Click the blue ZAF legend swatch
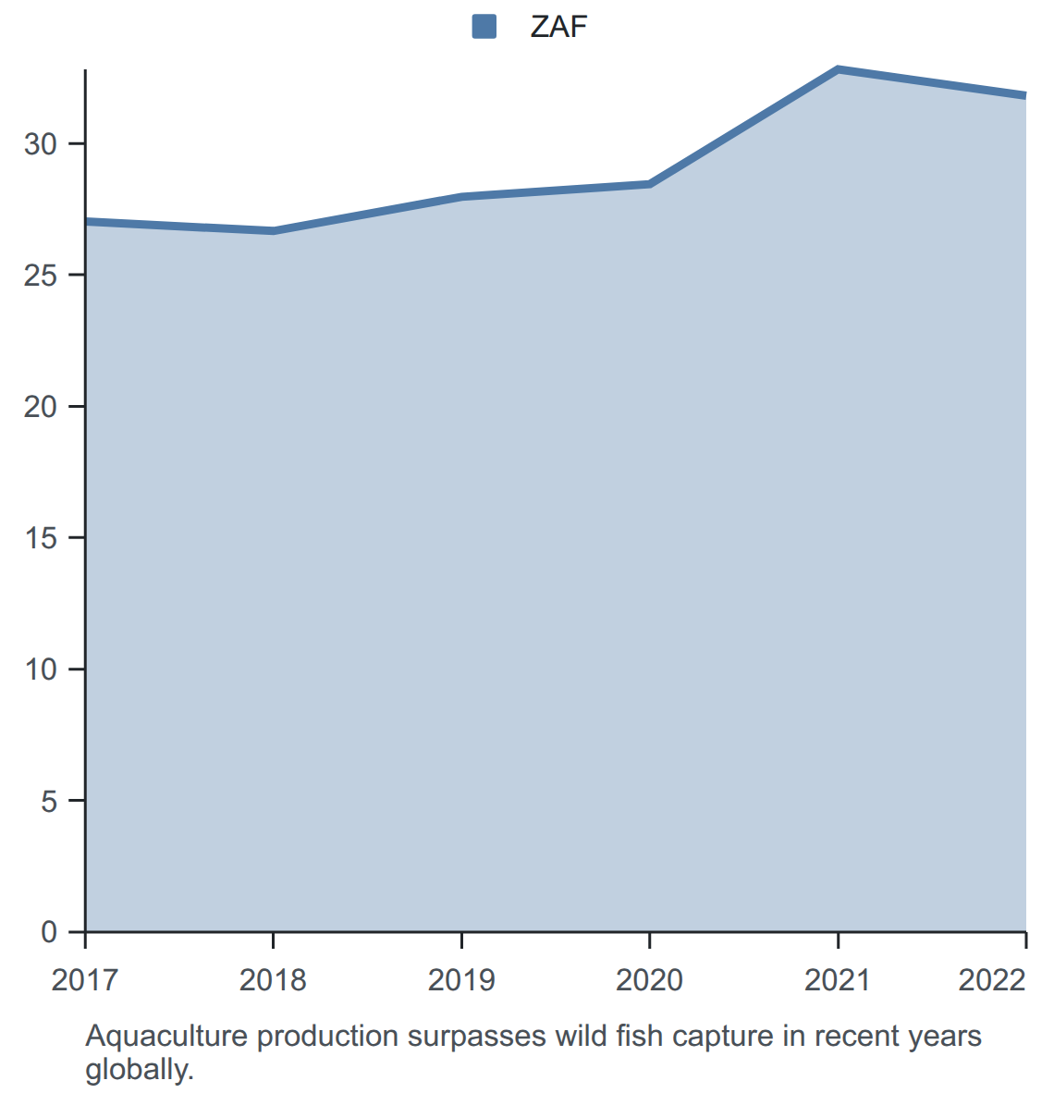coord(484,27)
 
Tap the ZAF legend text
coord(558,27)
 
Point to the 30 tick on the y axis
coord(41,143)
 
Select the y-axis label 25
coord(41,276)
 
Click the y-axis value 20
coord(41,406)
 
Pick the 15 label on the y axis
coord(41,537)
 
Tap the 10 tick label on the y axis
coord(41,669)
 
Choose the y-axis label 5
coord(49,800)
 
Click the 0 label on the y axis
coord(49,931)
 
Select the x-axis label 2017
coord(84,980)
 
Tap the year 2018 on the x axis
coord(273,980)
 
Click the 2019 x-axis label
coord(460,980)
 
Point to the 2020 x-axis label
coord(649,980)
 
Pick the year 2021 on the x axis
coord(838,980)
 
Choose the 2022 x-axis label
coord(992,980)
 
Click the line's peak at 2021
coord(838,69)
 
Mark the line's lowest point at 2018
coord(274,231)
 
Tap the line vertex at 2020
coord(650,184)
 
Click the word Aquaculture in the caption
coord(166,1037)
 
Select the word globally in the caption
coord(140,1069)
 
